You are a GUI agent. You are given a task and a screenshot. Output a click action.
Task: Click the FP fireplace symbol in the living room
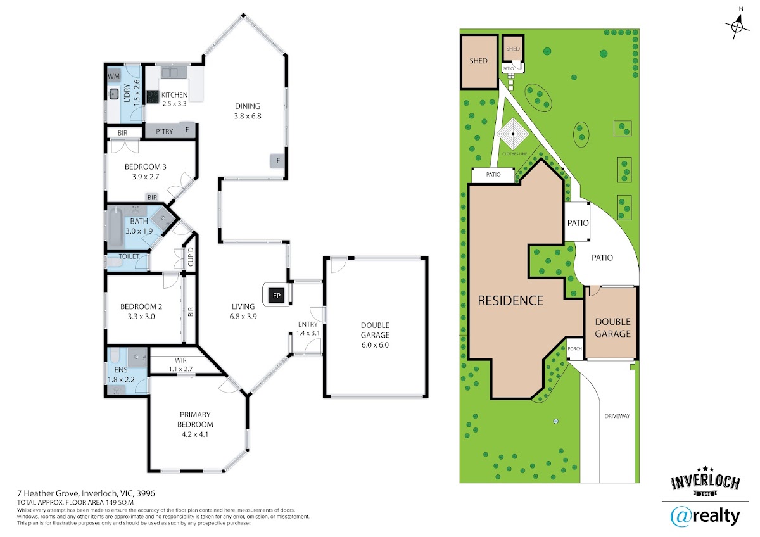click(x=277, y=296)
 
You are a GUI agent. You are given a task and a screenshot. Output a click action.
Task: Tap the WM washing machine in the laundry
click(x=113, y=77)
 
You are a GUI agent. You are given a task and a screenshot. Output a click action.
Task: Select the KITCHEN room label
click(x=174, y=95)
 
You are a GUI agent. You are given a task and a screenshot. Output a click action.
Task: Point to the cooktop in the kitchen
click(x=153, y=97)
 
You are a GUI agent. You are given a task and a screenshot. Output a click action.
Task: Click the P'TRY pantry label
click(x=165, y=131)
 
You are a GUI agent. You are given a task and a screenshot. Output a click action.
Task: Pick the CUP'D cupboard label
click(x=191, y=256)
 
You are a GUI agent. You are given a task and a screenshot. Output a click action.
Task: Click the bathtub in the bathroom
click(x=115, y=227)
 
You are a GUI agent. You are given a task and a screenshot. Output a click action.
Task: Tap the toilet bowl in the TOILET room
click(x=115, y=263)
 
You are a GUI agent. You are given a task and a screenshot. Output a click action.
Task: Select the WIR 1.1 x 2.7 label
click(x=181, y=364)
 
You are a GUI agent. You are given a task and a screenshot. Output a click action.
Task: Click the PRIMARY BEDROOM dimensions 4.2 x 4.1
click(x=195, y=434)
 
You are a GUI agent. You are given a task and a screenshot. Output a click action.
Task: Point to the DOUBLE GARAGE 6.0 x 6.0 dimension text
click(x=375, y=345)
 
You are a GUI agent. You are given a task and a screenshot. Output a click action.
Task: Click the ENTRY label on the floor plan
click(x=308, y=324)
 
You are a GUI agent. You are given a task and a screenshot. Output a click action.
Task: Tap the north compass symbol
click(x=737, y=27)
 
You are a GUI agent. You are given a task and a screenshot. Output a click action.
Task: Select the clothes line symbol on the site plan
click(x=513, y=134)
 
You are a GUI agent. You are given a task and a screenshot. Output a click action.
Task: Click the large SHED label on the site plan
click(x=478, y=61)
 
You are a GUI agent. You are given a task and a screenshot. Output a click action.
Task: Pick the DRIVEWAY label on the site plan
click(x=617, y=416)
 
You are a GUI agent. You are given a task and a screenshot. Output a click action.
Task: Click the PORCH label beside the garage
click(x=575, y=348)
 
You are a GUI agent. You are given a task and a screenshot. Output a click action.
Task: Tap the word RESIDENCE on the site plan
click(x=510, y=301)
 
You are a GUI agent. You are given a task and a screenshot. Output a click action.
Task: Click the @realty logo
click(x=705, y=517)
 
